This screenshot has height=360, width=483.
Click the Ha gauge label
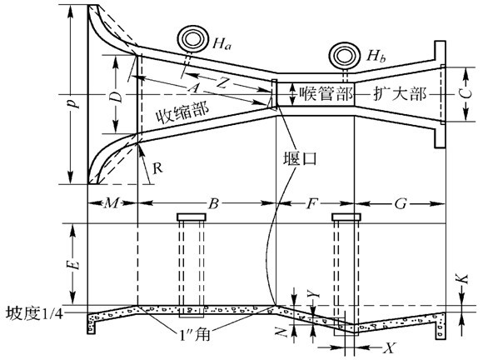click(x=222, y=44)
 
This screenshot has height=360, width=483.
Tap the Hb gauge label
click(x=376, y=56)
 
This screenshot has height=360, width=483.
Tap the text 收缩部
click(x=182, y=112)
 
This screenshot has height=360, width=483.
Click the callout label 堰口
click(x=300, y=158)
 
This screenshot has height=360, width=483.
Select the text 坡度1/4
click(x=34, y=314)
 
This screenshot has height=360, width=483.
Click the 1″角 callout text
click(x=195, y=334)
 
